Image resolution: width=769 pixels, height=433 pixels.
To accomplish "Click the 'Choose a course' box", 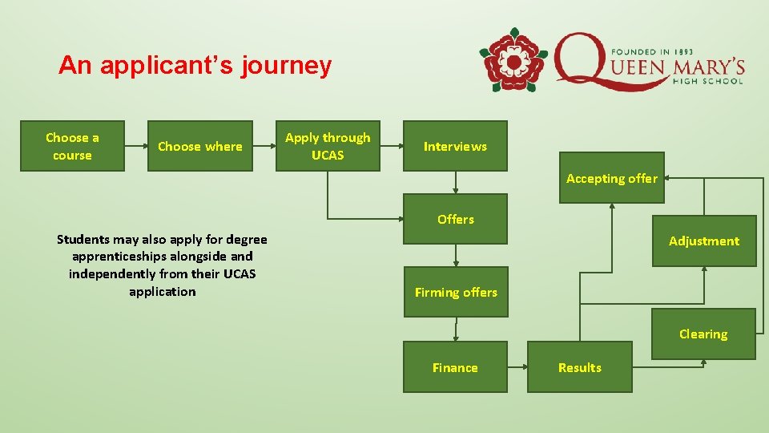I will point(72,146).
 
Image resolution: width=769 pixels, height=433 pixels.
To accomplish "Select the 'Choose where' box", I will point(200,146).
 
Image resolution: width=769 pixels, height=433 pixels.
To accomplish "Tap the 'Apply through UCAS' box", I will point(328,146).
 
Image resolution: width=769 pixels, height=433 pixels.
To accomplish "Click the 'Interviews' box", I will point(455,146).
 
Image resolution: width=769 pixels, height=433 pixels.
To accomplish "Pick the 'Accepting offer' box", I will point(611,178).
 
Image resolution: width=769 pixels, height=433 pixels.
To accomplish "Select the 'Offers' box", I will point(455,219).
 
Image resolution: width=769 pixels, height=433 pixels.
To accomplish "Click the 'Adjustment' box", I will point(704,241).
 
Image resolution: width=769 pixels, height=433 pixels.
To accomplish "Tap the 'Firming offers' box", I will point(455,292).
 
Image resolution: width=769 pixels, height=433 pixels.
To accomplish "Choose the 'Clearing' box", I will point(703,334).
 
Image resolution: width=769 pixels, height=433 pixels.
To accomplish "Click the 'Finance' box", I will point(455,367).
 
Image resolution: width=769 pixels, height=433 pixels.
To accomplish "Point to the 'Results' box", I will point(579,367).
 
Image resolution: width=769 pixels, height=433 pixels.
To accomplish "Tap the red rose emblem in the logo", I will point(513,60).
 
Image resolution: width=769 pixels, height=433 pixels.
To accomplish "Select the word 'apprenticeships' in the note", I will point(118,257).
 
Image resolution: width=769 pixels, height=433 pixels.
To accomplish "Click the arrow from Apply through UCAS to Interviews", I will point(390,146).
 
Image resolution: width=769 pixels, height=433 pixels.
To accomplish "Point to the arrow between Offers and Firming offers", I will point(455,255).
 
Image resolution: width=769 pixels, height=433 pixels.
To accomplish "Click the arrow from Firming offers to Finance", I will point(455,329).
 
